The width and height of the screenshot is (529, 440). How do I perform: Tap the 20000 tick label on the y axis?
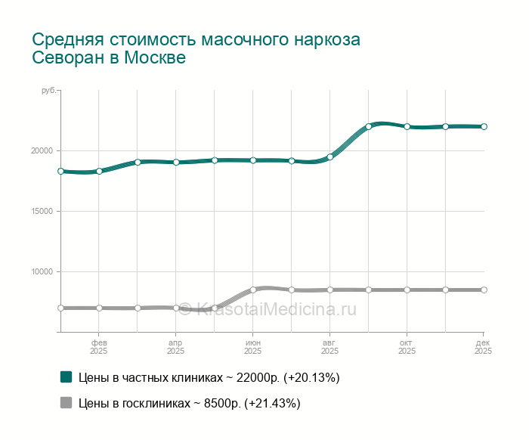click(x=41, y=150)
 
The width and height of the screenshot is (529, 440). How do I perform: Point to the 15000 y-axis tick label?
click(x=41, y=211)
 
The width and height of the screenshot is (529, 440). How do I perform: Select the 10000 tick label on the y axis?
click(x=41, y=271)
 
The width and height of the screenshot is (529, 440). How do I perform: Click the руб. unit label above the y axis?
click(x=48, y=91)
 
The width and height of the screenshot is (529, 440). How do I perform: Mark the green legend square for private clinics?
click(x=66, y=377)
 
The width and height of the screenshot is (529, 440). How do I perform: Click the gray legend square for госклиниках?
click(x=66, y=403)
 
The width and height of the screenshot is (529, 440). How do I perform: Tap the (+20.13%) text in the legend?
click(x=310, y=377)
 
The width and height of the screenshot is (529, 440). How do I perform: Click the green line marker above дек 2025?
click(x=484, y=126)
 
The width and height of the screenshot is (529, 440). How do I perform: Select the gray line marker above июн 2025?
click(x=253, y=290)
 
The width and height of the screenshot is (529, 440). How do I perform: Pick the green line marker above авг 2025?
click(x=330, y=157)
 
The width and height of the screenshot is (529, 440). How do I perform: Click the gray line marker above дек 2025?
click(x=484, y=290)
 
